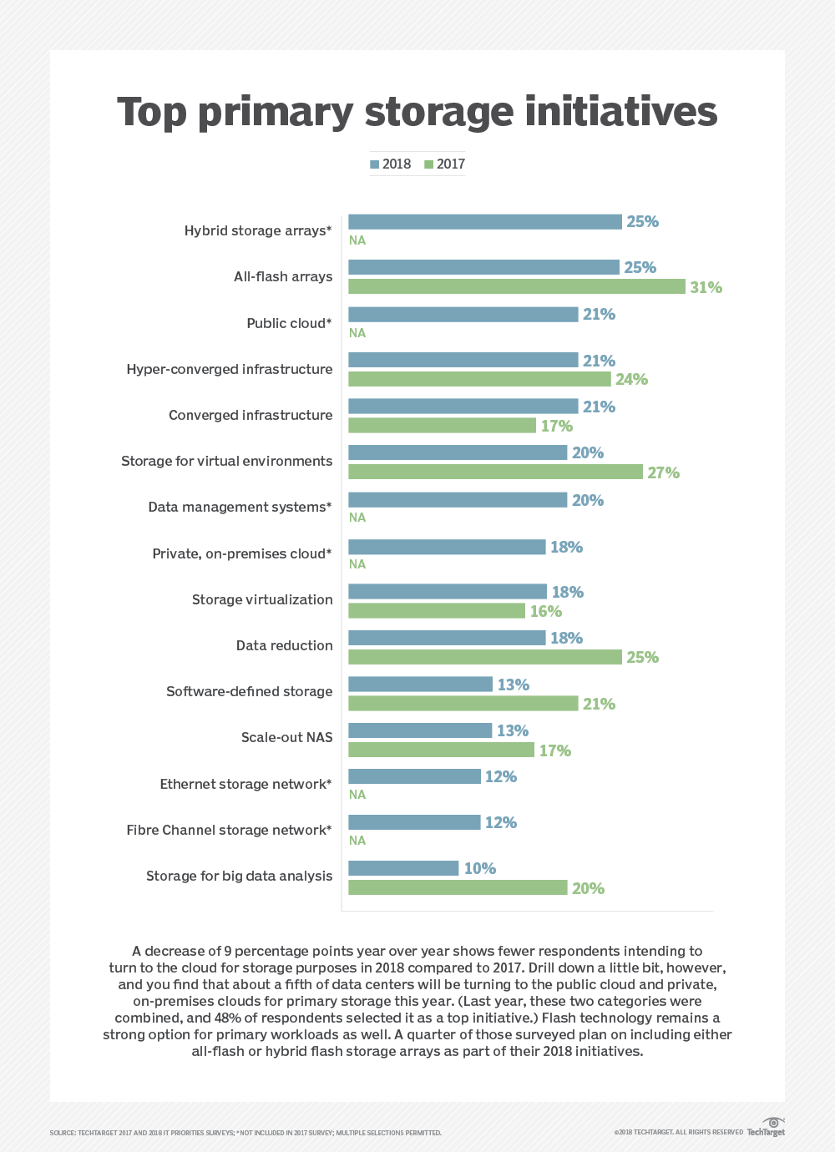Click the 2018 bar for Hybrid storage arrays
click(485, 222)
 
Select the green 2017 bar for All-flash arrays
click(516, 286)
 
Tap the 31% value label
click(706, 287)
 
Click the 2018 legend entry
click(391, 164)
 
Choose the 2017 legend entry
click(445, 164)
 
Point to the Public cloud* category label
click(289, 323)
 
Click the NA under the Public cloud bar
click(357, 333)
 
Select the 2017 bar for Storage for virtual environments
click(495, 472)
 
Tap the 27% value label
click(663, 472)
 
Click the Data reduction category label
click(284, 645)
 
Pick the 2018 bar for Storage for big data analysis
click(403, 868)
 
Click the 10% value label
click(479, 869)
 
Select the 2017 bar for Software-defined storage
click(463, 704)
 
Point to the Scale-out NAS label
click(286, 737)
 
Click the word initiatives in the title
click(620, 112)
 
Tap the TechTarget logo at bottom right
click(767, 1128)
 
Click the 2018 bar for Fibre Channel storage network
click(414, 822)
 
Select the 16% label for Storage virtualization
click(545, 612)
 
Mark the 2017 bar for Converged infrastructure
click(442, 426)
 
